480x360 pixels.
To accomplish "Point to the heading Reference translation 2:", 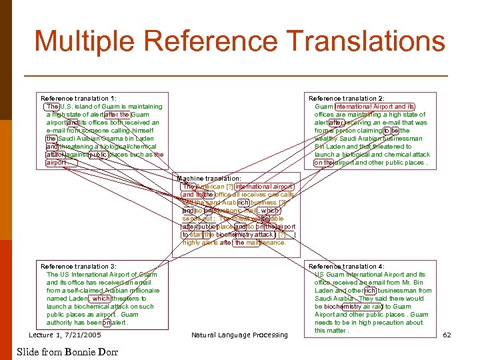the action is coord(347,98).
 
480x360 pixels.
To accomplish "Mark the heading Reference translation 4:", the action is coord(347,266).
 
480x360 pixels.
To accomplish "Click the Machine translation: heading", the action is coord(209,179).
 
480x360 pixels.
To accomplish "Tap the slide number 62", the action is coord(447,335).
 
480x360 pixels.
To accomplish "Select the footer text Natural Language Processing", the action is coord(239,335).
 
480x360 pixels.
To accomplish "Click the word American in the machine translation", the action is coord(210,187).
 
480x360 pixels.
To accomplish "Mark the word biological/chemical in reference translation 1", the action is coord(126,147).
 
